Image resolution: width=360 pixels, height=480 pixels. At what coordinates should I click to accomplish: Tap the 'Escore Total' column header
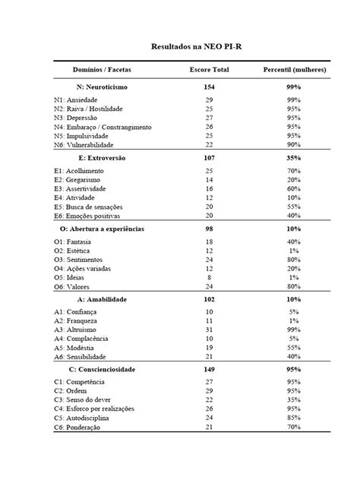pyautogui.click(x=209, y=70)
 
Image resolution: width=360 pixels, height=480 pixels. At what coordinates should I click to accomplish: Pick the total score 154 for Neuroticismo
pyautogui.click(x=209, y=87)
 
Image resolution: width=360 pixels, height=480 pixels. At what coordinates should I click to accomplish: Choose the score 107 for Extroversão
pyautogui.click(x=209, y=158)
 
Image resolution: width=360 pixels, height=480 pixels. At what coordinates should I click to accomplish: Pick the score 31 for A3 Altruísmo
pyautogui.click(x=209, y=329)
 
